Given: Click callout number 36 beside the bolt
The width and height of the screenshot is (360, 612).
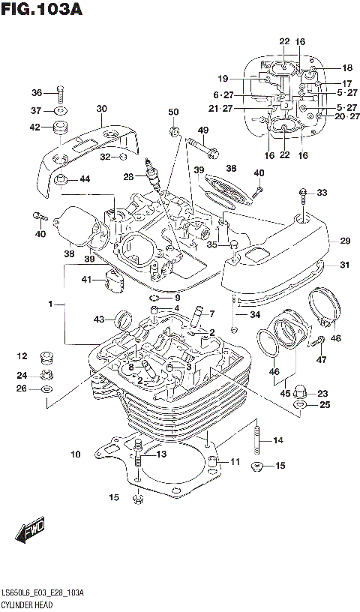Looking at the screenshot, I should pyautogui.click(x=37, y=93).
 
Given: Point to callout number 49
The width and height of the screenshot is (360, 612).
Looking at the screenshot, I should pyautogui.click(x=202, y=130).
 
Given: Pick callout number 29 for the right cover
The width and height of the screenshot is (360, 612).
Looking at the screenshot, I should pyautogui.click(x=345, y=241).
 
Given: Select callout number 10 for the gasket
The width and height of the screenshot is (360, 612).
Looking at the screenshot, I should pyautogui.click(x=75, y=454).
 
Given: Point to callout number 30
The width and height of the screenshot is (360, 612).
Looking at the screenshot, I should pyautogui.click(x=102, y=109).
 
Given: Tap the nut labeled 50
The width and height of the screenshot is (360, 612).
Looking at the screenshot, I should pyautogui.click(x=173, y=133).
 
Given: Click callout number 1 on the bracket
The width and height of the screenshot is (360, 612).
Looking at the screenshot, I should pyautogui.click(x=50, y=305).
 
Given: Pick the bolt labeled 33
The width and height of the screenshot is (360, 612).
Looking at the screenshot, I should pyautogui.click(x=302, y=198).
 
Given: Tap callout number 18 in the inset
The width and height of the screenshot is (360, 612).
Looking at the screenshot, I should pyautogui.click(x=346, y=67).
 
